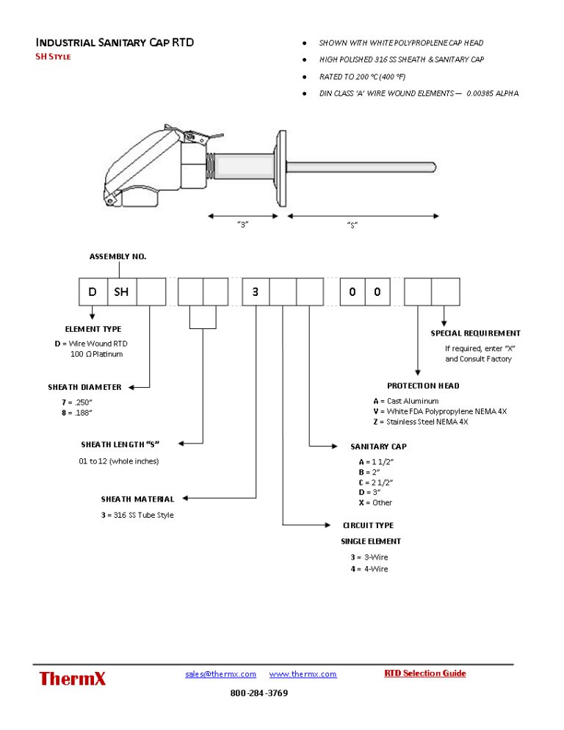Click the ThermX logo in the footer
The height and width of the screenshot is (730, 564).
[72, 679]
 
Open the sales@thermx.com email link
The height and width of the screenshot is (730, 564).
[221, 674]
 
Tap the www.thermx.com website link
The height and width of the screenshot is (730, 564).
[303, 674]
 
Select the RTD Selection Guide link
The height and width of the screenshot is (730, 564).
[424, 673]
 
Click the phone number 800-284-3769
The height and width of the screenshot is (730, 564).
[259, 693]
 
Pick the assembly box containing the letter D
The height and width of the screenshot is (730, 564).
[93, 292]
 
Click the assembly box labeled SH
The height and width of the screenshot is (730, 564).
[122, 292]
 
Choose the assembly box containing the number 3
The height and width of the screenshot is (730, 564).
[256, 292]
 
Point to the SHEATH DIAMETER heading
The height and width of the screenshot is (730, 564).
[84, 387]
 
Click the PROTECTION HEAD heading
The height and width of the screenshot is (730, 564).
[423, 386]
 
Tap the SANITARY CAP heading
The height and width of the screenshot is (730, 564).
[379, 447]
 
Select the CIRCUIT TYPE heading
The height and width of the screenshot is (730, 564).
[369, 526]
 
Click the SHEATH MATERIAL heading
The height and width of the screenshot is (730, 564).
[138, 499]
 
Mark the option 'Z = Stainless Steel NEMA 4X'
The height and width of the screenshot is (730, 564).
[421, 422]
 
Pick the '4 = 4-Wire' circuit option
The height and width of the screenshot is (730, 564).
[369, 569]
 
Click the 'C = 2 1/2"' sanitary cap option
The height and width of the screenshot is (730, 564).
[376, 483]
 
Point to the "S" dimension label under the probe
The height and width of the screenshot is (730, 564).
[352, 225]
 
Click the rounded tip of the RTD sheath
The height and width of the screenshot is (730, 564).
[433, 167]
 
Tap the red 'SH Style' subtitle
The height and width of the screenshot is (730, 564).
[53, 57]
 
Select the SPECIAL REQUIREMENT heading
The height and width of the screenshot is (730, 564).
[476, 333]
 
